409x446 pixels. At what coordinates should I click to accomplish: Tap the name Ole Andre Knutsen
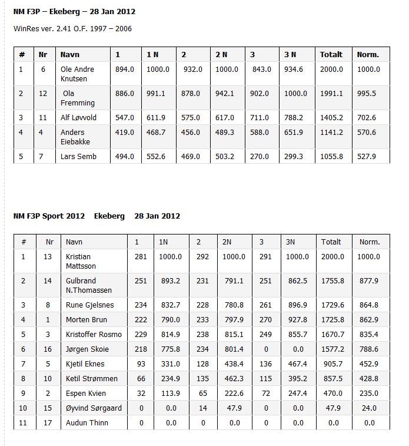point(78,74)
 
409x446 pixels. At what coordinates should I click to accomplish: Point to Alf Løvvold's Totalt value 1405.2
point(331,117)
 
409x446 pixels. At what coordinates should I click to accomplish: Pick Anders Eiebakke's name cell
point(73,137)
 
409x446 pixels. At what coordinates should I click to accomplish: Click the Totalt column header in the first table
point(331,54)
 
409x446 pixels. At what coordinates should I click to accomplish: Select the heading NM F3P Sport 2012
point(49,216)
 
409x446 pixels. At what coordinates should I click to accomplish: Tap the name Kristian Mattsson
point(82,261)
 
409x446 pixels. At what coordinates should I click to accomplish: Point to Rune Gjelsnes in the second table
point(90,305)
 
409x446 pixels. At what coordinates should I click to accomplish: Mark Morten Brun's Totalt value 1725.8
point(332,319)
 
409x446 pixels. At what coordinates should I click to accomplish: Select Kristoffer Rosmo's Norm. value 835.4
point(369,334)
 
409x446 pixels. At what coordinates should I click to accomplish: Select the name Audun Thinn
point(87,422)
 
